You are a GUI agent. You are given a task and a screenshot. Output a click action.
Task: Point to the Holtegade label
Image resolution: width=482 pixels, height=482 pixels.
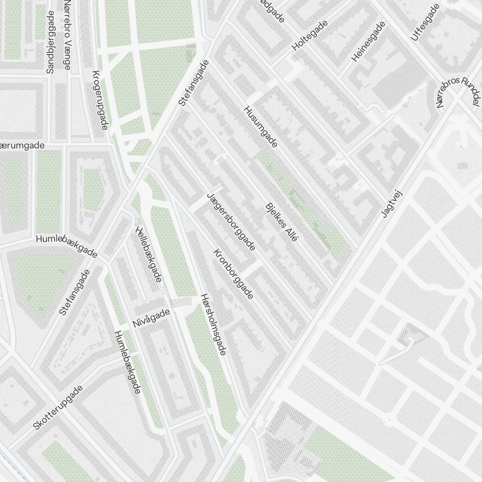coord(309,36)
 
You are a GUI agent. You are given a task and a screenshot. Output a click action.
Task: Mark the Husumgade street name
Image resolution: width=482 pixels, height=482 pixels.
coord(261,127)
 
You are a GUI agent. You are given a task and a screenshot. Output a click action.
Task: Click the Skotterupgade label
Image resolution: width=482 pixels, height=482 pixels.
coord(58,407)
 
